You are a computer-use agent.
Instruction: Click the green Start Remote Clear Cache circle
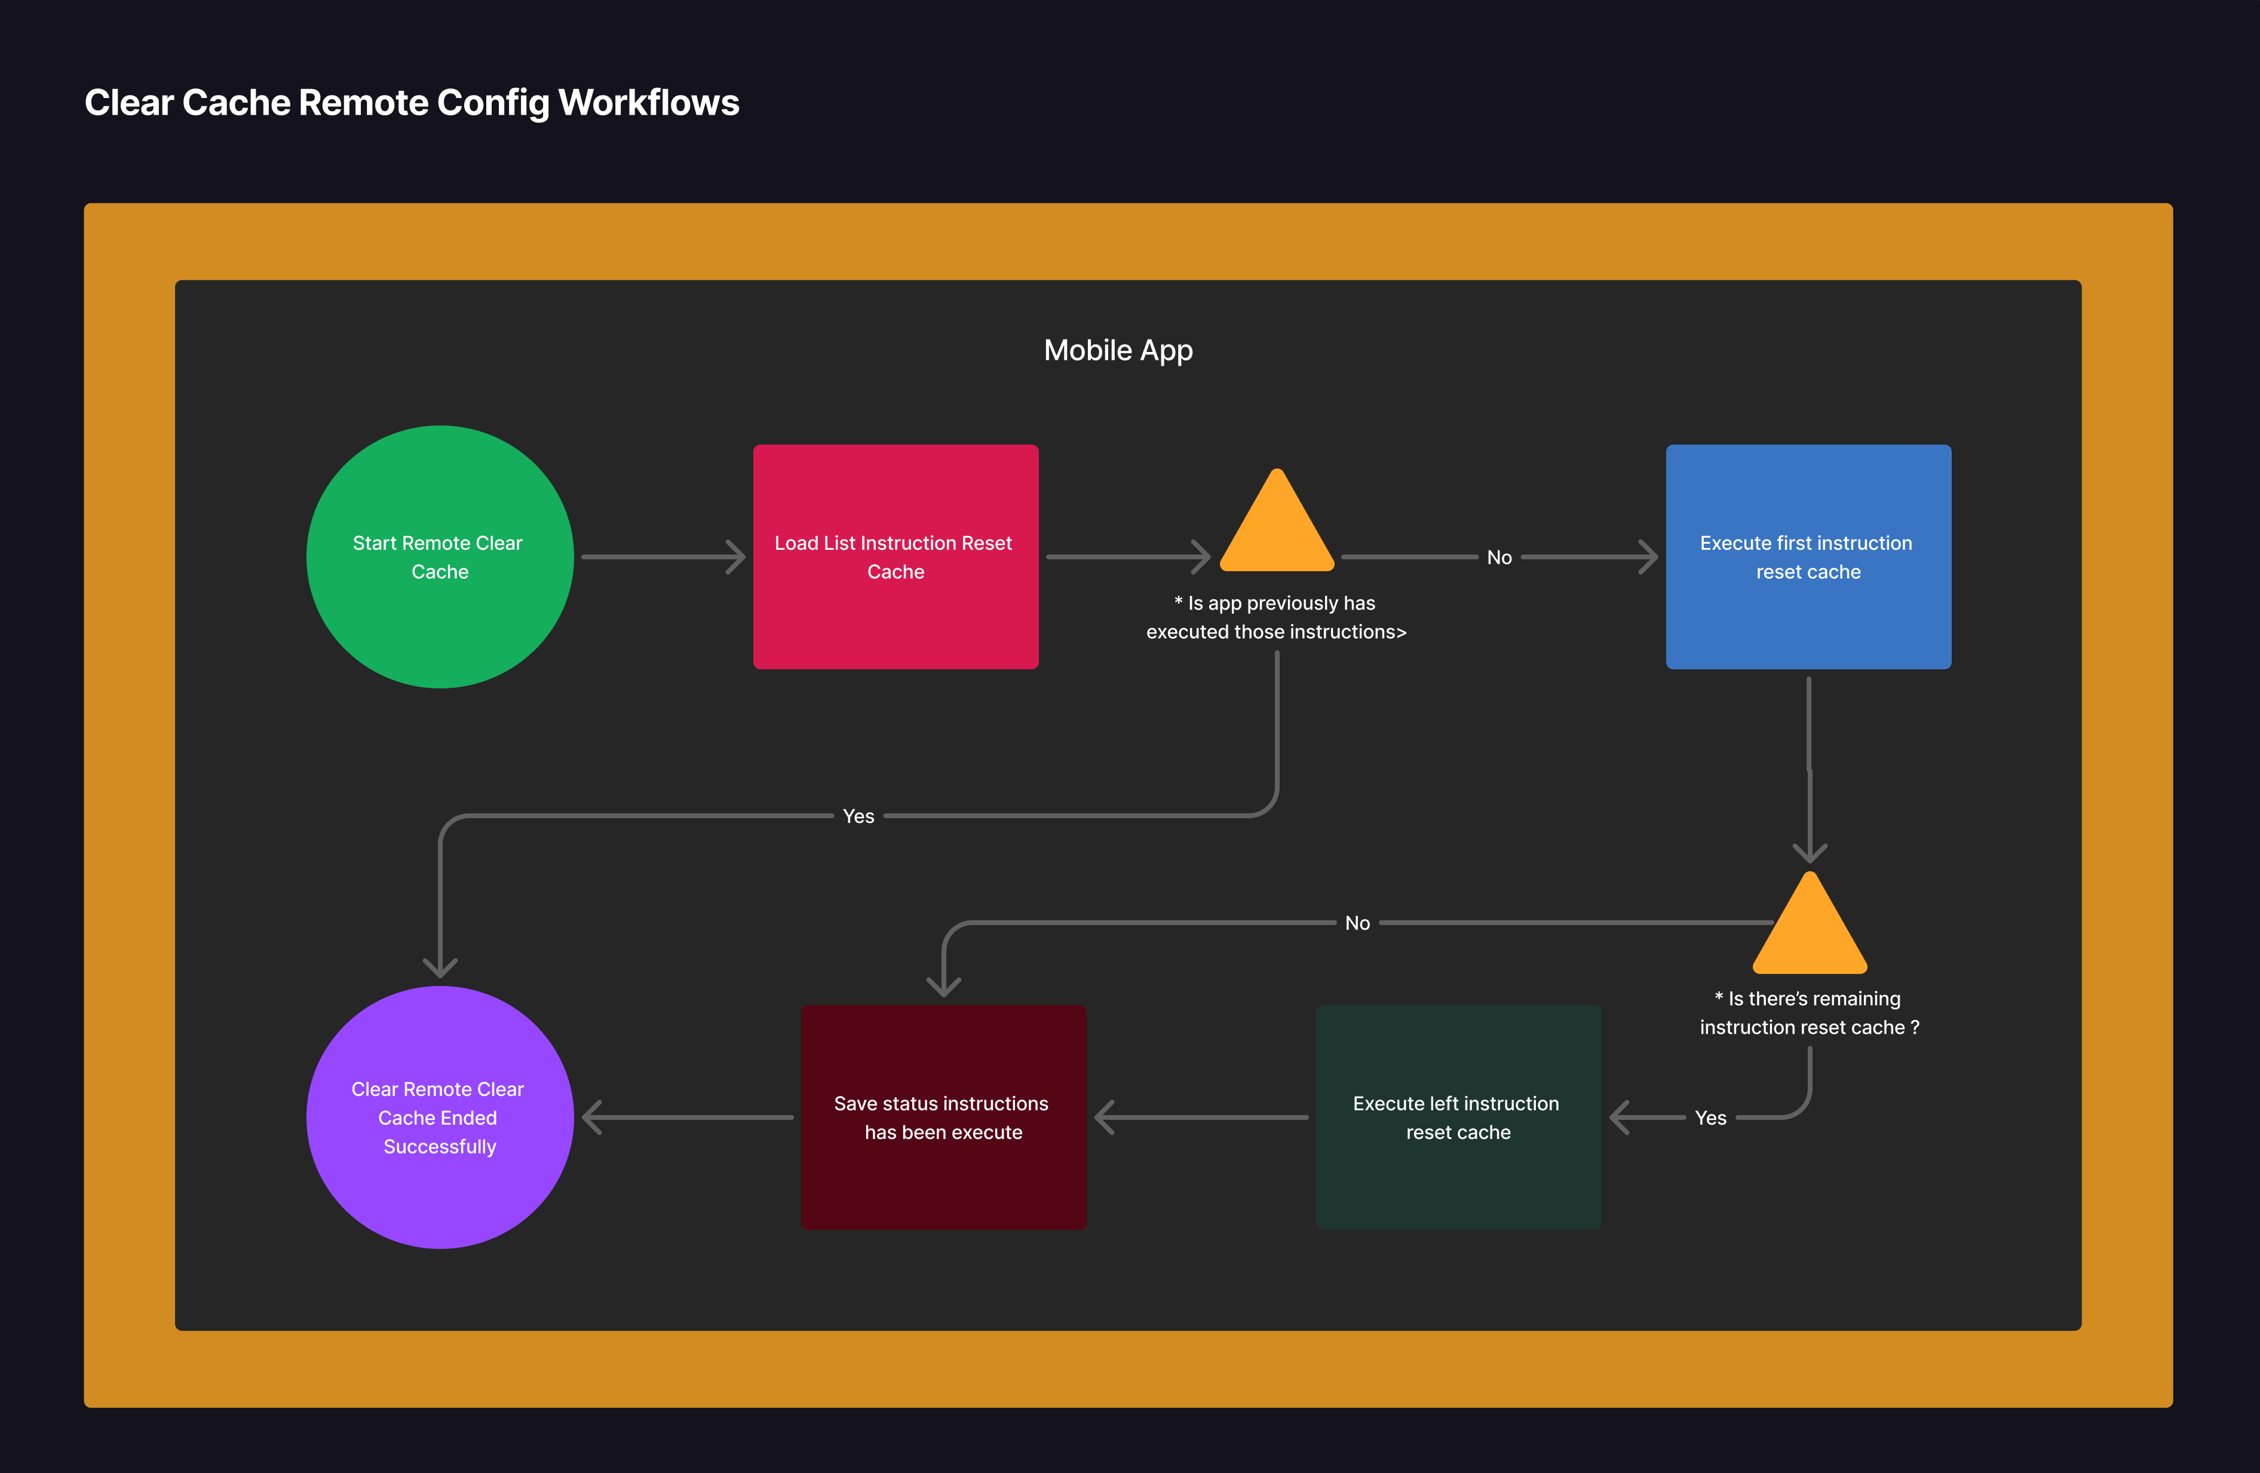click(440, 556)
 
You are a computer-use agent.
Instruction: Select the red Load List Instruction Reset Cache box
click(896, 556)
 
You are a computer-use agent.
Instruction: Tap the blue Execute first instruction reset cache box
click(1808, 556)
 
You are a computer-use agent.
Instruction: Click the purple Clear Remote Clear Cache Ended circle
click(440, 1117)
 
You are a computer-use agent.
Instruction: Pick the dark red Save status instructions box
click(943, 1117)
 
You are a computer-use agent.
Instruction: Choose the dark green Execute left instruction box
click(1458, 1117)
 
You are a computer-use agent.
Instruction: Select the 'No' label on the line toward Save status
click(1357, 923)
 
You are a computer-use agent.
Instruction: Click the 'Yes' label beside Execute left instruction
click(1710, 1118)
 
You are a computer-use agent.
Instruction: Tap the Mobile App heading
click(1118, 350)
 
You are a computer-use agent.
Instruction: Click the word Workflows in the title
click(649, 103)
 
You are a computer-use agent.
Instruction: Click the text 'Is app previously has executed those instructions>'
click(1275, 617)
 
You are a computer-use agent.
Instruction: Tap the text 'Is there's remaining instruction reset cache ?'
click(1809, 1012)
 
